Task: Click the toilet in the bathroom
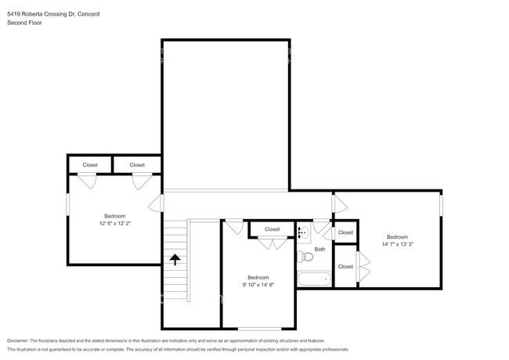pyautogui.click(x=305, y=257)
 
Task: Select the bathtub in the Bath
pyautogui.click(x=314, y=279)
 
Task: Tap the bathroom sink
pyautogui.click(x=304, y=232)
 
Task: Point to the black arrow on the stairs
pyautogui.click(x=175, y=260)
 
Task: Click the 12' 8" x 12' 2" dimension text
pyautogui.click(x=115, y=224)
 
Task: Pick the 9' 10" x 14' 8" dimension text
pyautogui.click(x=258, y=285)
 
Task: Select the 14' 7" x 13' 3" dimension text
pyautogui.click(x=397, y=244)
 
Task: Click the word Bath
pyautogui.click(x=319, y=249)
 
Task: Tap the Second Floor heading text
pyautogui.click(x=24, y=23)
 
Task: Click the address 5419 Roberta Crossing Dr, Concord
pyautogui.click(x=53, y=14)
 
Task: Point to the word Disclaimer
pyautogui.click(x=18, y=340)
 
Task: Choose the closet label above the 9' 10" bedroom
pyautogui.click(x=272, y=229)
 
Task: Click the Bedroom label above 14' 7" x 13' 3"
pyautogui.click(x=397, y=237)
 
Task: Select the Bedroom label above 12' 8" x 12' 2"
pyautogui.click(x=115, y=216)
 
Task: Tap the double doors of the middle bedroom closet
pyautogui.click(x=273, y=244)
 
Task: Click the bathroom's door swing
pyautogui.click(x=321, y=226)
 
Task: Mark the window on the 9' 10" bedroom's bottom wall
pyautogui.click(x=259, y=329)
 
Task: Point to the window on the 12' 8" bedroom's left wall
pyautogui.click(x=68, y=204)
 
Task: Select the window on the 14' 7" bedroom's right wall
pyautogui.click(x=441, y=204)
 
